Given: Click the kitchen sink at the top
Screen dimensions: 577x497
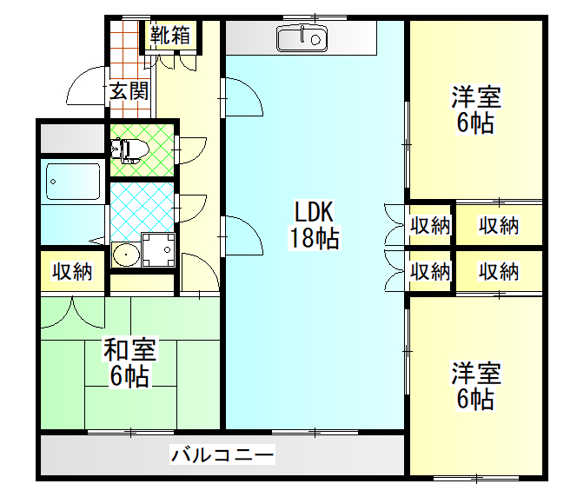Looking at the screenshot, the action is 302,38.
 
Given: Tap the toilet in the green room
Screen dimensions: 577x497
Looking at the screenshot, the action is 129,150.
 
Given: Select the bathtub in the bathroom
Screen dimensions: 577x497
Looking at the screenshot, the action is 73,182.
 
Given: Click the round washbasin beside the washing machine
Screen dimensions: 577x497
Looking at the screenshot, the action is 126,255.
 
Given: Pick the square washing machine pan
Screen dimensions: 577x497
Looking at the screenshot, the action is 158,249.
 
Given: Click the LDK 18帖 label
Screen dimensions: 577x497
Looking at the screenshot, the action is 314,225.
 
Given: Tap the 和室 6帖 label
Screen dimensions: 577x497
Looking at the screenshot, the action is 129,362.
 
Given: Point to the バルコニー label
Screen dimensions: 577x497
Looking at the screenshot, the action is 222,454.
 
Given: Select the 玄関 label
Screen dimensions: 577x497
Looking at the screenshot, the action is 129,91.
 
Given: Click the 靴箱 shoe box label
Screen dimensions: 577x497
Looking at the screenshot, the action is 170,36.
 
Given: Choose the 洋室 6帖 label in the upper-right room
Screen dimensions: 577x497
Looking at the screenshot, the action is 475,109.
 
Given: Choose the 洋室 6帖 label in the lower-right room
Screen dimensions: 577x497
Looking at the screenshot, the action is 475,386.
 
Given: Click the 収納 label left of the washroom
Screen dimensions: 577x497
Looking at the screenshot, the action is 72,271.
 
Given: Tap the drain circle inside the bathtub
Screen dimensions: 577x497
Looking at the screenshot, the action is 53,182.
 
